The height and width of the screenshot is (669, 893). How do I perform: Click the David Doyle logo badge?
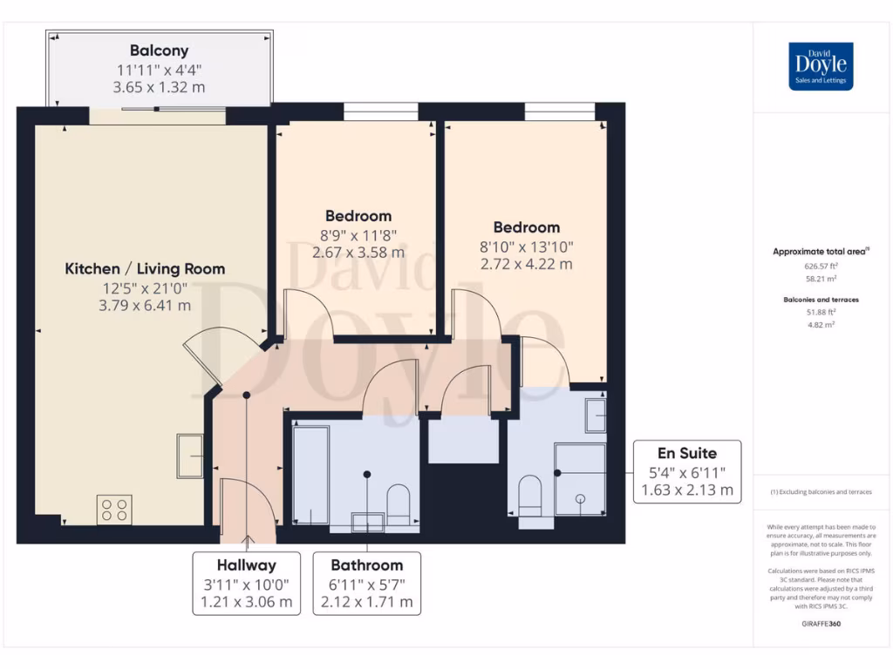(821, 66)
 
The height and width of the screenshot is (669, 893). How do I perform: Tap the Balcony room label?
(159, 51)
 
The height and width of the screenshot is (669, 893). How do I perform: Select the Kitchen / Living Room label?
(145, 269)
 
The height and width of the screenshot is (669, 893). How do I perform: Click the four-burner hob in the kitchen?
(113, 510)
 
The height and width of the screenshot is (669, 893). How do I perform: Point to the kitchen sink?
(190, 456)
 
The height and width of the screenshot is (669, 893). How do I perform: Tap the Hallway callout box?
(247, 584)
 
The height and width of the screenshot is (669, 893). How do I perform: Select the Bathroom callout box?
(366, 584)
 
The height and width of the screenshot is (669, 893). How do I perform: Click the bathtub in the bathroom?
(310, 475)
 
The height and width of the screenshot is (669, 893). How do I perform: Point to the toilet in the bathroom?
(398, 503)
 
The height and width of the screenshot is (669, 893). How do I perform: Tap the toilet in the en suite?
(530, 497)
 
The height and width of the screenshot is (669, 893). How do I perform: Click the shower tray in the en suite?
(580, 479)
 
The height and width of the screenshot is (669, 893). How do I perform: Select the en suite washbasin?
(596, 416)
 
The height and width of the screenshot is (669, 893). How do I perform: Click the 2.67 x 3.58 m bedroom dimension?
(358, 253)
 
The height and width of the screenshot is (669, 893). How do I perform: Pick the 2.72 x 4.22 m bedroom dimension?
(527, 263)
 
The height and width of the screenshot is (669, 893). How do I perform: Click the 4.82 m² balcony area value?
(820, 324)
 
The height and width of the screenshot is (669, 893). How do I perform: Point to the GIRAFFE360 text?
(820, 625)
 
